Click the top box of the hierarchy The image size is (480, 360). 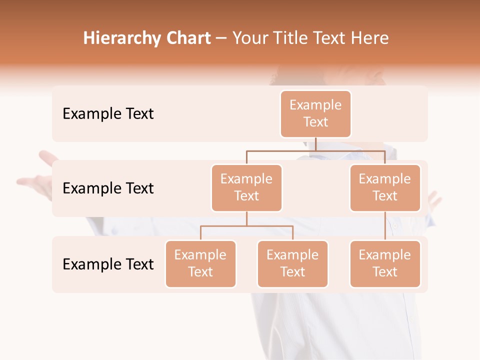[315, 114]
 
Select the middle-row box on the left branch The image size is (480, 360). [246, 188]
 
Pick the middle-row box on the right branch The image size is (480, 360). [385, 188]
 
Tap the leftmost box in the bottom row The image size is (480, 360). [200, 264]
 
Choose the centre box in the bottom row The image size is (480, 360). [292, 264]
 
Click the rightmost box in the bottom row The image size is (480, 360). [385, 264]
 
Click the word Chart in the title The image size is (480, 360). [188, 38]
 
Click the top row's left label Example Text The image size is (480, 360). [108, 114]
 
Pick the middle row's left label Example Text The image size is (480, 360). [108, 188]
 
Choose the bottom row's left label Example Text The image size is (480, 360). [108, 264]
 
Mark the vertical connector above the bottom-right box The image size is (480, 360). [385, 226]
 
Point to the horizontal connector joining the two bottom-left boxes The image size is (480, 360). [246, 226]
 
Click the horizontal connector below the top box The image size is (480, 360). [315, 150]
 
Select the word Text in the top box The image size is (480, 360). [315, 122]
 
